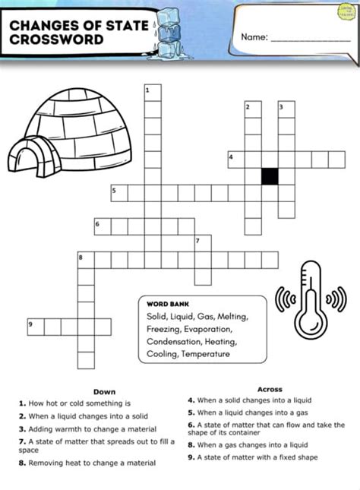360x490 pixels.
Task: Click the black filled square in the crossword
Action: (270, 175)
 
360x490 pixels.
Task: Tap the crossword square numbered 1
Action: (153, 93)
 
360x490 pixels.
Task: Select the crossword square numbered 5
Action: (119, 193)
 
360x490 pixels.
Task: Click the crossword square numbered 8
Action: (86, 260)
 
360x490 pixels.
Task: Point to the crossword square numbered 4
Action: (236, 160)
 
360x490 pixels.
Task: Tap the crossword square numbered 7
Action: (203, 243)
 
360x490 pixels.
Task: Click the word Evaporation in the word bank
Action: (206, 329)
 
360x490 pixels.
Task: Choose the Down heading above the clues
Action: (104, 392)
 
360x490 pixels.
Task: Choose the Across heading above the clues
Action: (270, 389)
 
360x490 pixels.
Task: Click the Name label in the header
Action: (254, 36)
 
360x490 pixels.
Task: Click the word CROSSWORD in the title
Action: (56, 39)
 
